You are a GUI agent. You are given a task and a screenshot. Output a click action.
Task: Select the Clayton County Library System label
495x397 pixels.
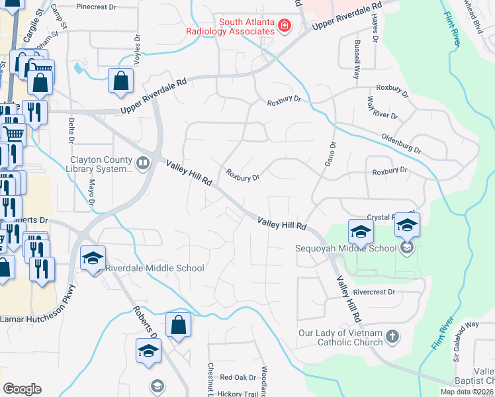click(101, 163)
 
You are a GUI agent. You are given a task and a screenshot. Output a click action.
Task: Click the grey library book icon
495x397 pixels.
click(142, 163)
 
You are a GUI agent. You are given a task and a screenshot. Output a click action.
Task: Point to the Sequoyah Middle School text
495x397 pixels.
click(346, 249)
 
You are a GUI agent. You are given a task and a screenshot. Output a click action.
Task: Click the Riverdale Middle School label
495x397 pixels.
click(155, 268)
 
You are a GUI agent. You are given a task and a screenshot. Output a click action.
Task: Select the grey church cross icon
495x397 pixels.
click(392, 337)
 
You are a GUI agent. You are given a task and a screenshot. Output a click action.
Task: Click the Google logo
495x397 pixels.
click(21, 388)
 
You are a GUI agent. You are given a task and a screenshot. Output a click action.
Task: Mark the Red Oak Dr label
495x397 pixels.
click(238, 377)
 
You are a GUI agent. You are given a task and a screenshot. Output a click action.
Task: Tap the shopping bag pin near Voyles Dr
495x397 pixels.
click(121, 82)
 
